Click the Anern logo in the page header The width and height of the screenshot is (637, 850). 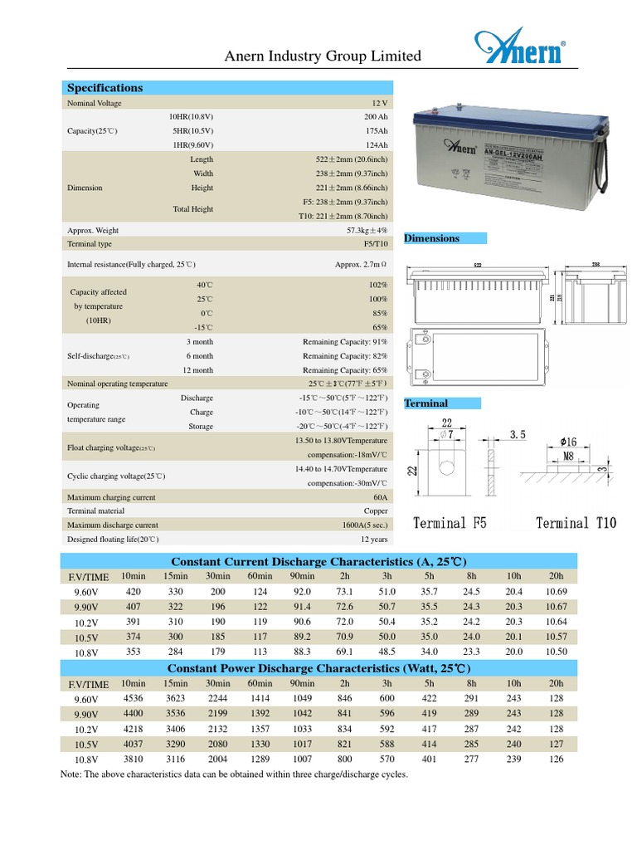(x=521, y=47)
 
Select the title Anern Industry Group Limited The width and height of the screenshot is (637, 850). (x=323, y=56)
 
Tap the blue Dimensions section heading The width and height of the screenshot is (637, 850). (x=431, y=238)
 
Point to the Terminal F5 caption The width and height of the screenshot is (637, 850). (x=450, y=524)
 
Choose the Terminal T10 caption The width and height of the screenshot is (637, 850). (x=576, y=524)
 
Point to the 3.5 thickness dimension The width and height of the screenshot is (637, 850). (x=519, y=434)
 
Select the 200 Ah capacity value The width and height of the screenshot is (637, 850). (x=375, y=117)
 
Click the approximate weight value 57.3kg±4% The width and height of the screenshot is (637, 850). (x=367, y=230)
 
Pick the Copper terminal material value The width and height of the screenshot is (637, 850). (x=375, y=511)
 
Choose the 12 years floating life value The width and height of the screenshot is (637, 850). (x=372, y=540)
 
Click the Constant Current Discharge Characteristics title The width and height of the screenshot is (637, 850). (x=318, y=562)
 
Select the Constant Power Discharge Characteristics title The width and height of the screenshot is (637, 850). (x=318, y=668)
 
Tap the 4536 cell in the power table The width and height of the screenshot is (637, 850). (x=133, y=699)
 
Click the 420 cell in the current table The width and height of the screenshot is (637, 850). (x=133, y=592)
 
